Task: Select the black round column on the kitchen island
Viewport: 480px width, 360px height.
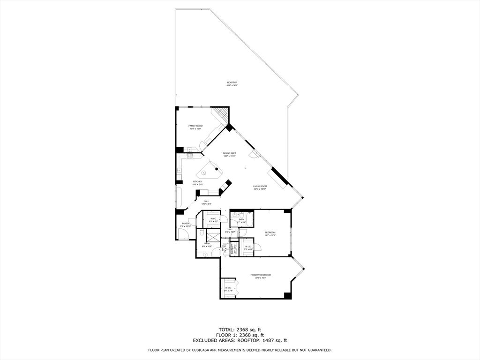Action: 217,168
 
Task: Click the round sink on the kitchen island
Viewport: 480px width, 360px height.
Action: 204,172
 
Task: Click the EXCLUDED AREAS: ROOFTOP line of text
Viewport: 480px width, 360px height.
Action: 240,341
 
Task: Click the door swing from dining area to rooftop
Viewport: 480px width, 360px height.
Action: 253,154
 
